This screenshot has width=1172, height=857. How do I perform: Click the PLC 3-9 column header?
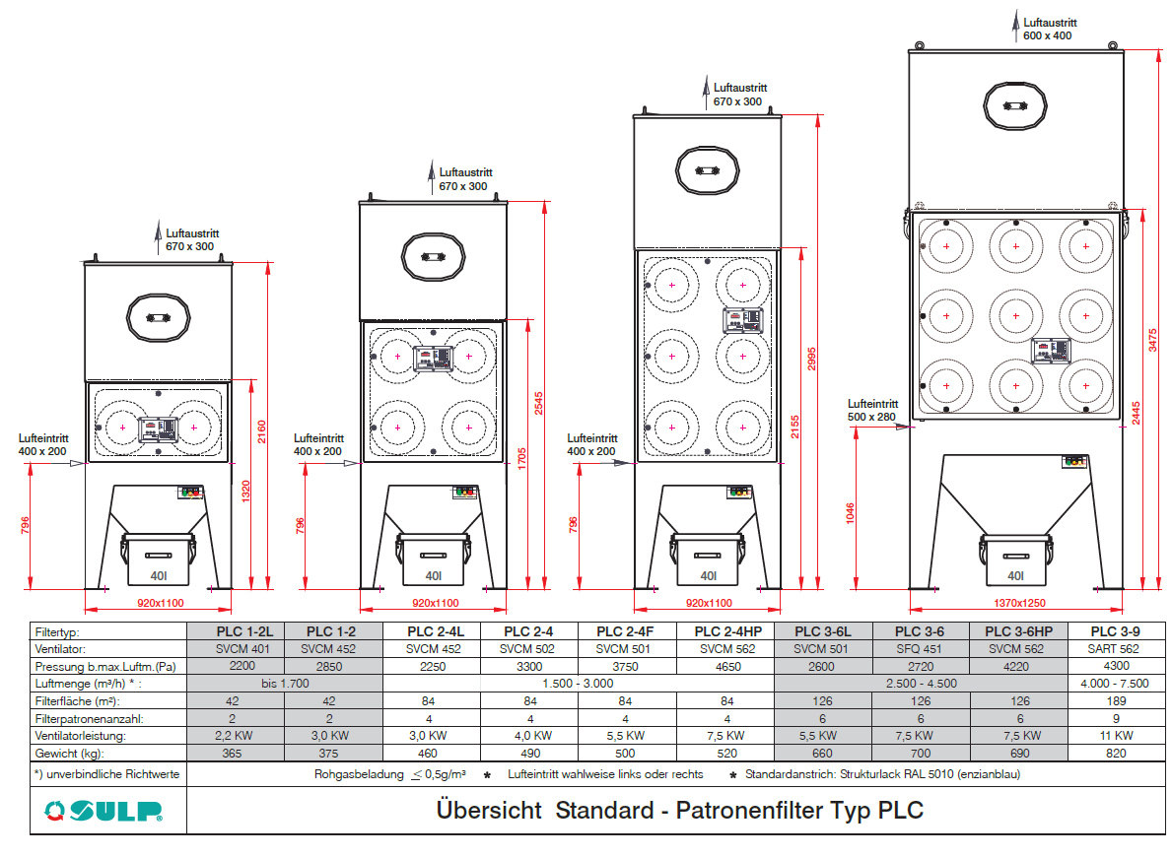click(x=1115, y=631)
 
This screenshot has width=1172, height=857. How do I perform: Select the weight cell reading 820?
click(x=1116, y=754)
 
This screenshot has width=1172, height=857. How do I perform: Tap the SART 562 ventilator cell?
click(x=1114, y=648)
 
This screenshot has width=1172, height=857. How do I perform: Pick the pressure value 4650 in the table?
click(x=728, y=667)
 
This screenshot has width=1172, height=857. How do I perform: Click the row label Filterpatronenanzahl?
click(x=89, y=719)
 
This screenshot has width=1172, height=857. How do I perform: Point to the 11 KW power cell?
click(x=1116, y=736)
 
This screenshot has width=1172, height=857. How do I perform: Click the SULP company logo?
click(x=103, y=811)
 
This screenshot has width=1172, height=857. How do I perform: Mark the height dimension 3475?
click(x=1152, y=340)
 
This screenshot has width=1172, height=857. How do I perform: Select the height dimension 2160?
click(x=261, y=431)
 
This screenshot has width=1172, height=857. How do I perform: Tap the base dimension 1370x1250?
click(x=1019, y=603)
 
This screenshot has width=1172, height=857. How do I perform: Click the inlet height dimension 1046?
click(x=851, y=513)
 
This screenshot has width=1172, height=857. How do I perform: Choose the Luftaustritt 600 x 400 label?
click(x=1050, y=30)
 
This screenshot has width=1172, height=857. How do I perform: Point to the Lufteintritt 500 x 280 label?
click(x=873, y=410)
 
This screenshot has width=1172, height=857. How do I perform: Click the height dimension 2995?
click(x=812, y=359)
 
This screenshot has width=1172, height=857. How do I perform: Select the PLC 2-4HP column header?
click(x=728, y=631)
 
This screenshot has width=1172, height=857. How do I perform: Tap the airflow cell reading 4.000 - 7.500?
click(x=1115, y=684)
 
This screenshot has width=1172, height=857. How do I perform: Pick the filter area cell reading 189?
click(x=1116, y=700)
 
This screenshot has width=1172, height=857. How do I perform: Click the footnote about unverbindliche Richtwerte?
click(x=106, y=774)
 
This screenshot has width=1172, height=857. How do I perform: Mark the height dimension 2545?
click(x=539, y=404)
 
